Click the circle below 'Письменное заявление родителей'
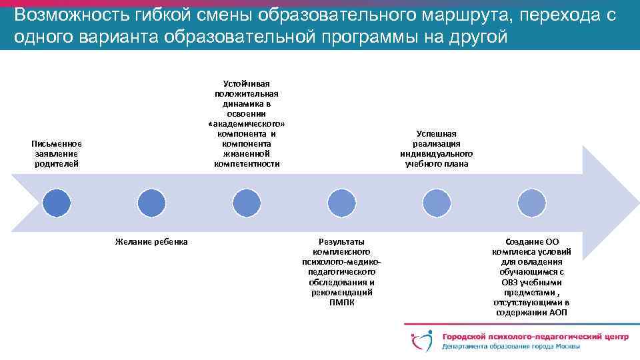coord(57,202)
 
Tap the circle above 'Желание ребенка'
coord(151,202)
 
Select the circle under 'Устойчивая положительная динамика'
coord(247,202)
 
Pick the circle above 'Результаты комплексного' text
coord(341,202)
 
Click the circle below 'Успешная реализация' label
coord(437,202)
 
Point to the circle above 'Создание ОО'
coord(531,202)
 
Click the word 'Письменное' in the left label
coord(57,143)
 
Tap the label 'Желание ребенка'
coord(151,241)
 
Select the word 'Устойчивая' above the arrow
coord(247,84)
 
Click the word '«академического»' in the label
coord(247,124)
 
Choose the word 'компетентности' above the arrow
coord(247,164)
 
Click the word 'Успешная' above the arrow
coord(437,134)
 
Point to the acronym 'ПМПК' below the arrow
coord(342,302)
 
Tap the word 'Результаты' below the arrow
coord(342,241)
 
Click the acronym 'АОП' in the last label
coord(558,312)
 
